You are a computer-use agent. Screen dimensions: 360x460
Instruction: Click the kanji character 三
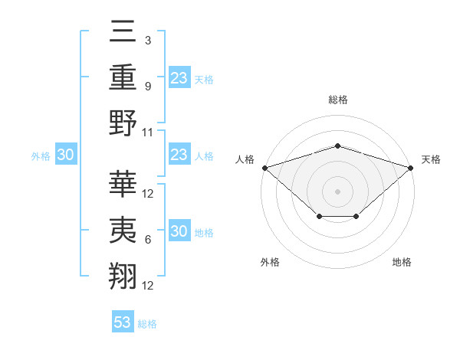tap(123, 33)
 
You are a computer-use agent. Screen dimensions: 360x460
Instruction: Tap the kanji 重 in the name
tap(123, 78)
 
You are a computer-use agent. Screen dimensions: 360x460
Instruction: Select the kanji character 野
tap(123, 123)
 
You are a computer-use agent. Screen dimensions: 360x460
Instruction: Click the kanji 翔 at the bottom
tap(123, 275)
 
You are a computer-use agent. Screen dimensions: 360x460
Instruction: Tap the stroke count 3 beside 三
tap(147, 40)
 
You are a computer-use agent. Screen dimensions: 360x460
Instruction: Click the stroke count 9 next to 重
tap(147, 86)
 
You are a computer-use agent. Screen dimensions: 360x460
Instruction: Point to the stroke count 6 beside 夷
tap(147, 239)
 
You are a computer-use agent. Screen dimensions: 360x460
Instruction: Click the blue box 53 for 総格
tap(122, 322)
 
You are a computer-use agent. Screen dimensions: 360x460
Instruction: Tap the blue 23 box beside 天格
tap(179, 77)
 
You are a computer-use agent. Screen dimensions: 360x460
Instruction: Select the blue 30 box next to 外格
tap(65, 155)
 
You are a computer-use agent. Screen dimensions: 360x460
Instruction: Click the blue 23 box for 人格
tap(179, 155)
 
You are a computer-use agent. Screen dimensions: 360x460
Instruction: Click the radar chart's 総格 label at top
tap(337, 100)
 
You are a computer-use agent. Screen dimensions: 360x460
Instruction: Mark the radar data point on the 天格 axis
tap(411, 167)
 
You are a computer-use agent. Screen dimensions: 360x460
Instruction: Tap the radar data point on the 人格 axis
tap(264, 167)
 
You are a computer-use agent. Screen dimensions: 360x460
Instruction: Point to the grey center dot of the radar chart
tap(337, 191)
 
